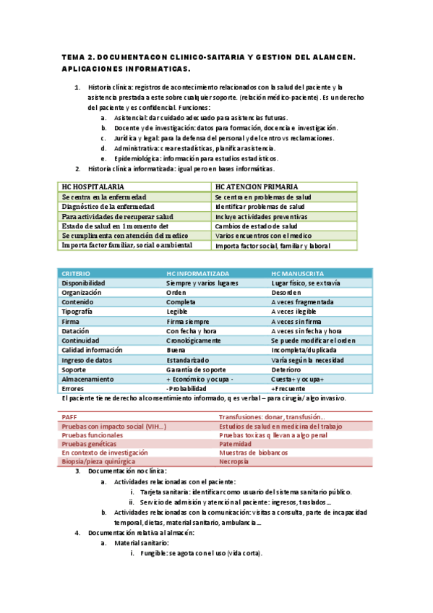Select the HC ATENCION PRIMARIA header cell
click(x=257, y=187)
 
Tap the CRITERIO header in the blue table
click(x=77, y=274)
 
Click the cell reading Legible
click(x=177, y=312)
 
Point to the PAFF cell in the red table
click(x=69, y=417)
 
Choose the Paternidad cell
click(x=238, y=444)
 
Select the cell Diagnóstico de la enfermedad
click(x=108, y=206)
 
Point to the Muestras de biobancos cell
click(x=256, y=453)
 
